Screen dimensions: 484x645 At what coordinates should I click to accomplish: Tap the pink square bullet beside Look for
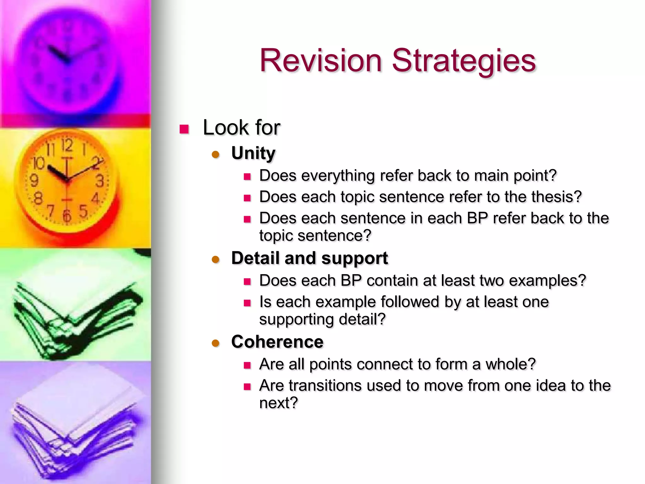coord(184,129)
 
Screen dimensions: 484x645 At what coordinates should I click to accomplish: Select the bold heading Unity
coord(253,153)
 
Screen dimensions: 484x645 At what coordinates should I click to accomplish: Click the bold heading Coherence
coord(277,342)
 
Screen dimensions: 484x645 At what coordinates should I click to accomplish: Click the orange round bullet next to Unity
coord(215,154)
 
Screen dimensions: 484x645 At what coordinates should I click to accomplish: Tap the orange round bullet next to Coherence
coord(215,343)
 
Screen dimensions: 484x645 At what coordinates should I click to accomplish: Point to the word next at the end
coord(278,403)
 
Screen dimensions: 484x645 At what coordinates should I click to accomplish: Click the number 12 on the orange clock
coord(67,146)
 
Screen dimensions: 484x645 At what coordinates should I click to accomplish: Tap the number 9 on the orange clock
coord(34,181)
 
